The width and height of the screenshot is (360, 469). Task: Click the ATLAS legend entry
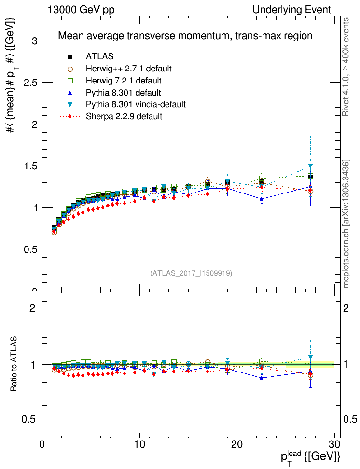[x=100, y=57]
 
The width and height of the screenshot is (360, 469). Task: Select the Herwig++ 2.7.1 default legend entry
[x=129, y=69]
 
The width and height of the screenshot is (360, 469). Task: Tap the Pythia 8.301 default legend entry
[x=123, y=92]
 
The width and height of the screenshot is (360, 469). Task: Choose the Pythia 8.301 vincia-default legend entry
[x=136, y=104]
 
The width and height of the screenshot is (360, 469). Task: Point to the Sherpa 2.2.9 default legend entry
[x=124, y=116]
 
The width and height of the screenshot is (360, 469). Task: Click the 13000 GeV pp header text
[x=81, y=10]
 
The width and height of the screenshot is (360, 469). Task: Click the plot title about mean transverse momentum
[x=185, y=36]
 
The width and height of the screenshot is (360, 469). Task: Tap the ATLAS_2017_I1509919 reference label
[x=191, y=273]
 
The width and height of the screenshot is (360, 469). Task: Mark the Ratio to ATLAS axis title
[x=14, y=364]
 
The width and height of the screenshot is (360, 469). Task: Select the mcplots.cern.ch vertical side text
[x=346, y=223]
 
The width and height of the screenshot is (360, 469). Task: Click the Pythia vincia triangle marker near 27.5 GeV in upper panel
[x=310, y=166]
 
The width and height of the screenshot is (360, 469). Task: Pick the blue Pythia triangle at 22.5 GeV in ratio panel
[x=262, y=378]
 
